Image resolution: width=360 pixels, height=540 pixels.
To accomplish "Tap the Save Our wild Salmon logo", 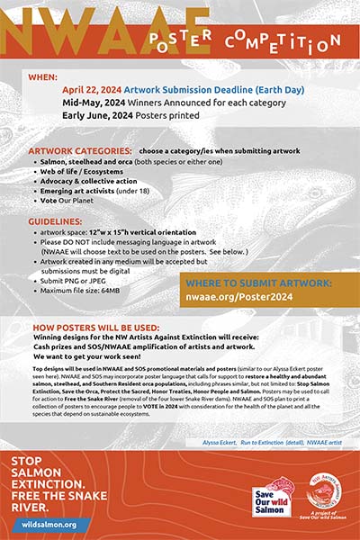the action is [x=271, y=499].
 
